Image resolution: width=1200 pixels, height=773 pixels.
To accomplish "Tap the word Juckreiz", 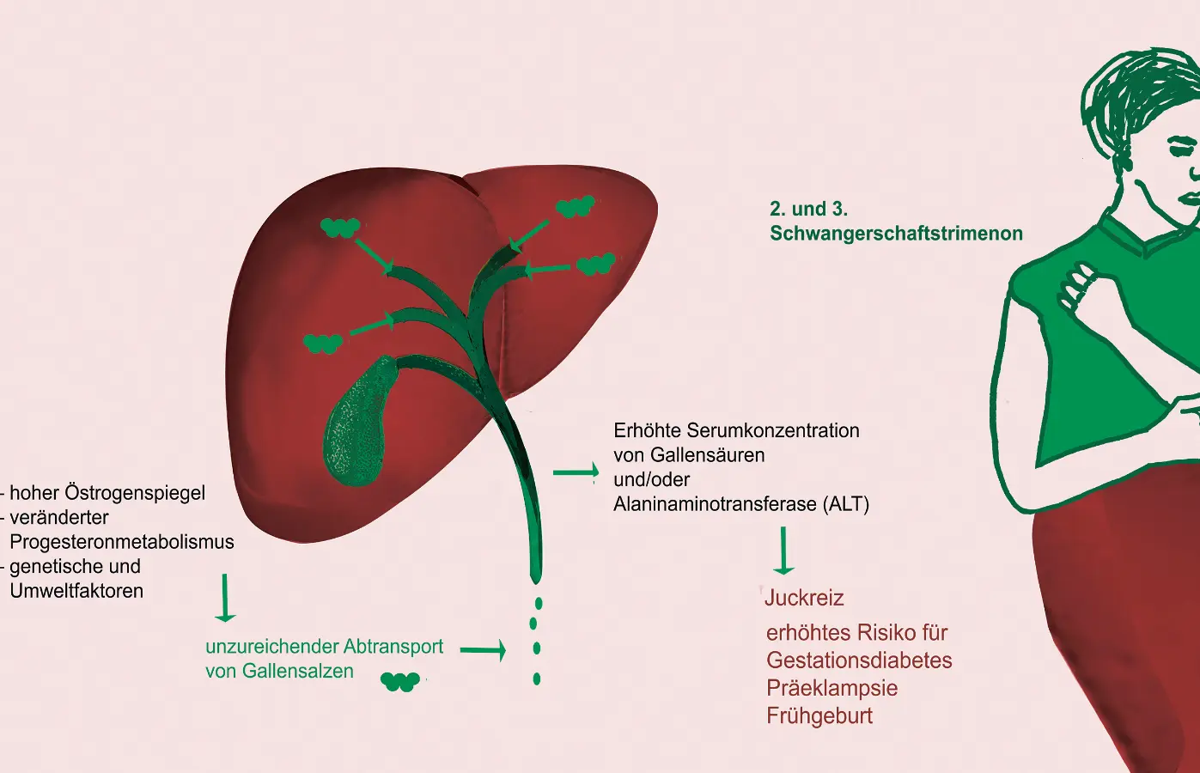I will pyautogui.click(x=804, y=598).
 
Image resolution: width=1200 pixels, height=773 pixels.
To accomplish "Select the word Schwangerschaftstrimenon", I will pyautogui.click(x=896, y=234).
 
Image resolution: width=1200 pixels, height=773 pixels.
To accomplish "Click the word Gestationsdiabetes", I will pyautogui.click(x=859, y=660).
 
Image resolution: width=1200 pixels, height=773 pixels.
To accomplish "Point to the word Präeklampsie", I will pyautogui.click(x=831, y=688).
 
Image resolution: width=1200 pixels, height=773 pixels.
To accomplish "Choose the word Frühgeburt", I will pyautogui.click(x=819, y=715).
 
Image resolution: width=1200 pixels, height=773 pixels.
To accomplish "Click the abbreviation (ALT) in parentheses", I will pyautogui.click(x=846, y=504).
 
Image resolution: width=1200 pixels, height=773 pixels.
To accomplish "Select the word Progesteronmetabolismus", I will pyautogui.click(x=122, y=542).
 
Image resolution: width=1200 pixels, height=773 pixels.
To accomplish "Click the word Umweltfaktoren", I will pyautogui.click(x=76, y=591).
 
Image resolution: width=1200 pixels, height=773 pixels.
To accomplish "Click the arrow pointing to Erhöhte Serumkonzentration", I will pyautogui.click(x=576, y=472).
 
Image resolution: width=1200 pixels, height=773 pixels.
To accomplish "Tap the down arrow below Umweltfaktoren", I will pyautogui.click(x=225, y=598).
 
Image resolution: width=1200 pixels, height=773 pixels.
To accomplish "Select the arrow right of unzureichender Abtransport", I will pyautogui.click(x=483, y=650).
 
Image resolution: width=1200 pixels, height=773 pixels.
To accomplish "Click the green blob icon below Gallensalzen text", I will pyautogui.click(x=399, y=682).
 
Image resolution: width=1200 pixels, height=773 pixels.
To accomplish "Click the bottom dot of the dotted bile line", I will pyautogui.click(x=537, y=679).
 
